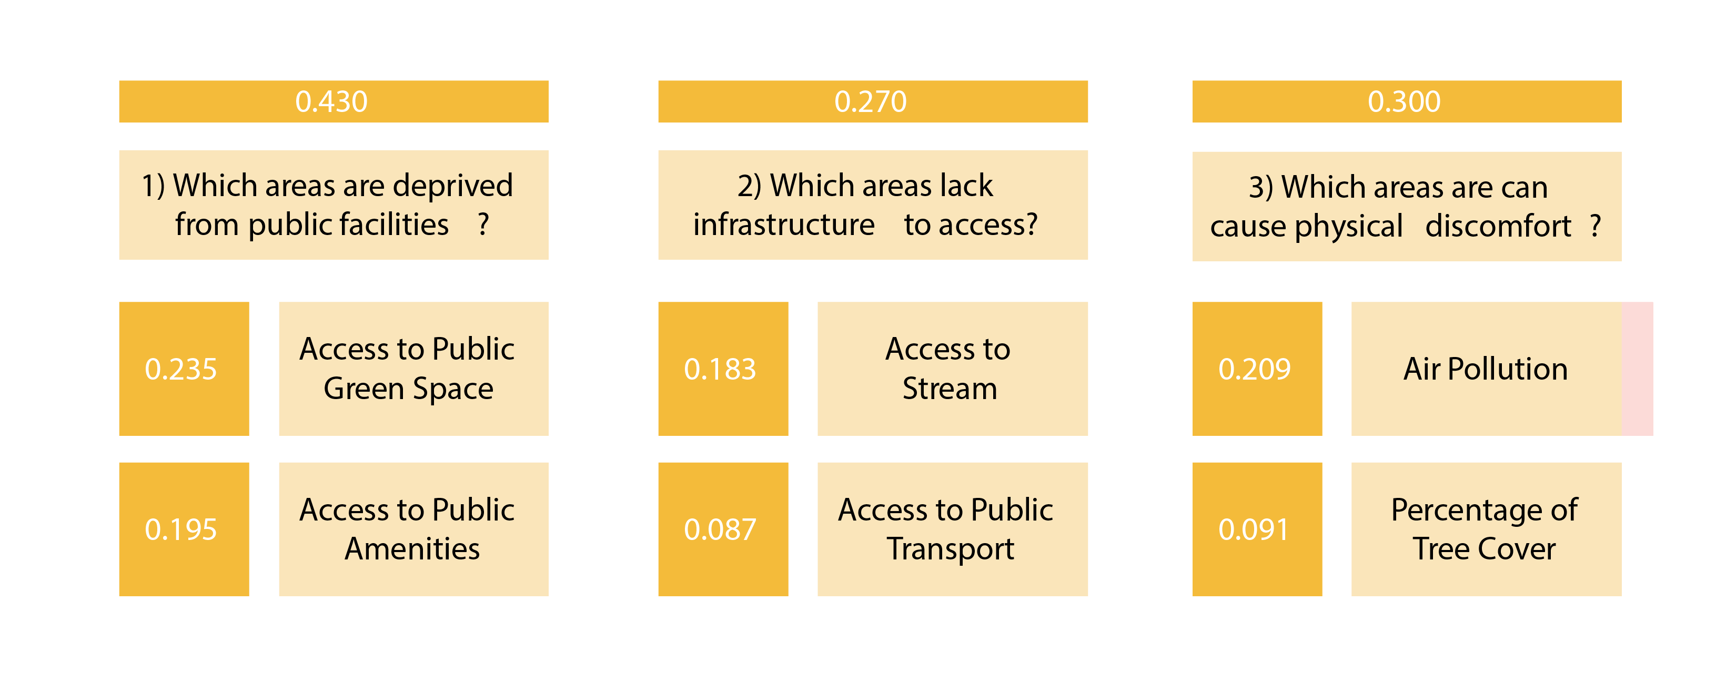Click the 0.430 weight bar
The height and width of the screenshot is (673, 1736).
click(334, 101)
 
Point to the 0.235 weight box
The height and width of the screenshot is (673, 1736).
click(184, 369)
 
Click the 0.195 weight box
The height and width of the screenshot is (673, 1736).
click(184, 529)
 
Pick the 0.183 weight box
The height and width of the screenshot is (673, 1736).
click(723, 369)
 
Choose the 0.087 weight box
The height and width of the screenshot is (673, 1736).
click(723, 529)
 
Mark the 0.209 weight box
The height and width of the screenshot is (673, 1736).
click(1257, 369)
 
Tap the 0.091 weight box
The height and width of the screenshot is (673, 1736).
click(1257, 529)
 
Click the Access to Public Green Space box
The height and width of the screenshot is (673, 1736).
click(414, 369)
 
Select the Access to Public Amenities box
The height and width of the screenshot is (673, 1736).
click(414, 529)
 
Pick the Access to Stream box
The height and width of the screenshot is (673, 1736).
click(952, 369)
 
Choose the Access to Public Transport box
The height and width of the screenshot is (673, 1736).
click(952, 529)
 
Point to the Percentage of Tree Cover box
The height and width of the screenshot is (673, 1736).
click(1486, 529)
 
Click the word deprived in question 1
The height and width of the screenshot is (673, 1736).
click(453, 187)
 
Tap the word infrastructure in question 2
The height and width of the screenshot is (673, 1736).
click(784, 225)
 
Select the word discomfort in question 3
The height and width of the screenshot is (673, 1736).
click(1498, 227)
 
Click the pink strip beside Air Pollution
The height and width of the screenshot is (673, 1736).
click(1637, 369)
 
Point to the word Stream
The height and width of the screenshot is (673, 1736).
click(950, 389)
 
